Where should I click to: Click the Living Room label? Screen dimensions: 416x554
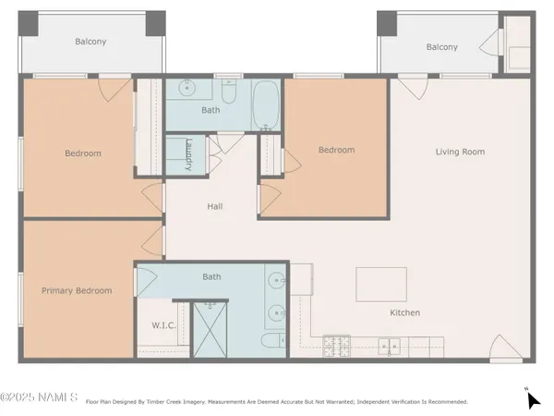460,152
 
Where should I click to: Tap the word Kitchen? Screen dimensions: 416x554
404,312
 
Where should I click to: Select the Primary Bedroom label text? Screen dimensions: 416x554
77,290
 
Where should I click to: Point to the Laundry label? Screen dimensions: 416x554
187,153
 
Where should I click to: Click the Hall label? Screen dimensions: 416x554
214,207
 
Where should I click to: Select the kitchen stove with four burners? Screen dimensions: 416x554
336,346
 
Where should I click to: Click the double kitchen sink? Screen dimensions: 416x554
390,347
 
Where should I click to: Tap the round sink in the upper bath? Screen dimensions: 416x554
185,90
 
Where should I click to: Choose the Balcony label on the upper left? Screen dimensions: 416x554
90,42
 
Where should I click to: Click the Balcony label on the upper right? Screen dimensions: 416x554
441,47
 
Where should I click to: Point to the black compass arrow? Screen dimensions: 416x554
533,399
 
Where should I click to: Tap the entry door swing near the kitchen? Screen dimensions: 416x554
504,348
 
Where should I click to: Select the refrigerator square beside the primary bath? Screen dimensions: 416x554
301,276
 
